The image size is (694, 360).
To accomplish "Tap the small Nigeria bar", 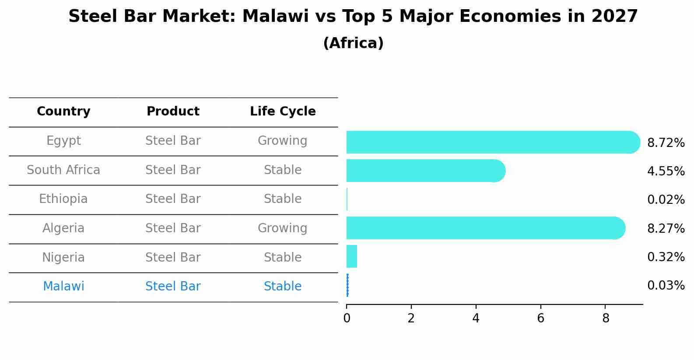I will click(x=352, y=256).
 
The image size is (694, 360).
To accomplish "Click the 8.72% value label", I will click(x=666, y=143).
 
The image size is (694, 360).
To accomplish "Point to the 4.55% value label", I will click(x=666, y=171).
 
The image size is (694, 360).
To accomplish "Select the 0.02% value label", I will click(x=666, y=200).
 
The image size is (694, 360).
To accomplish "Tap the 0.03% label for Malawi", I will click(x=666, y=286).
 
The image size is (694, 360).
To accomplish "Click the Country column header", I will click(x=63, y=112).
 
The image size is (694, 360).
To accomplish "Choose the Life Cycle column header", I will click(x=283, y=112).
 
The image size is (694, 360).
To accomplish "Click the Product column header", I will click(x=173, y=112).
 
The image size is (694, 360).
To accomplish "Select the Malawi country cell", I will click(x=63, y=287).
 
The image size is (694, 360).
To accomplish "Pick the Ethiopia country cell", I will click(x=63, y=199).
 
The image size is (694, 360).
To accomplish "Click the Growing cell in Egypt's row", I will click(x=283, y=141).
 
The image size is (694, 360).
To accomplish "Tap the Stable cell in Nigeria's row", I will click(x=283, y=258).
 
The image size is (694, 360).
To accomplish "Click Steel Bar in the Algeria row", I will click(x=173, y=228).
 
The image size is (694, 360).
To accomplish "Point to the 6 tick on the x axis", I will click(x=540, y=318).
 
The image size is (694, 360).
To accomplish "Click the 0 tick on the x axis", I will click(x=347, y=318).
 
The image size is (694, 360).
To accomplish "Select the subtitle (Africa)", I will click(x=353, y=43).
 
